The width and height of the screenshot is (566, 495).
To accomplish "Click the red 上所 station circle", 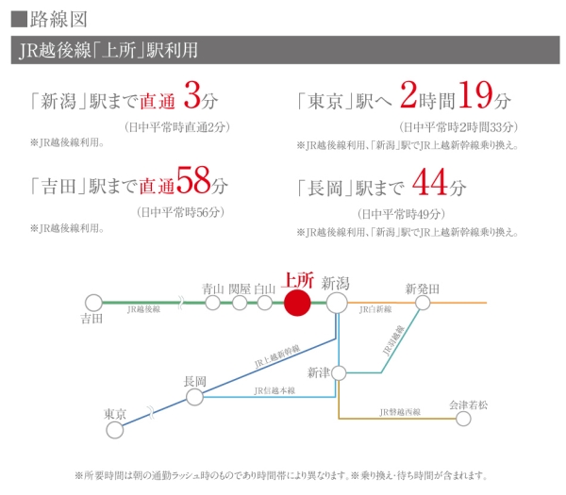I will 296,303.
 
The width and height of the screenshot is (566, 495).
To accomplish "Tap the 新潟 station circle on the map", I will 337,303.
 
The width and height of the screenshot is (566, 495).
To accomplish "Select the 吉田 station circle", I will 92,303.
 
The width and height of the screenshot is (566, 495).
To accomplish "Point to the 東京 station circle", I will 115,431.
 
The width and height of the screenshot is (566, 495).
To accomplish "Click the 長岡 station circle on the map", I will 194,397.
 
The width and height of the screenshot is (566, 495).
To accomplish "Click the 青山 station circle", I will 213,303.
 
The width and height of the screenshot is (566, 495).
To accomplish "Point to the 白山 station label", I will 265,288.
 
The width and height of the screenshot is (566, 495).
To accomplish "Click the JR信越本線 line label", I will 275,390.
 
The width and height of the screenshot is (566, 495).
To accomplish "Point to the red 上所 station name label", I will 297,280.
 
